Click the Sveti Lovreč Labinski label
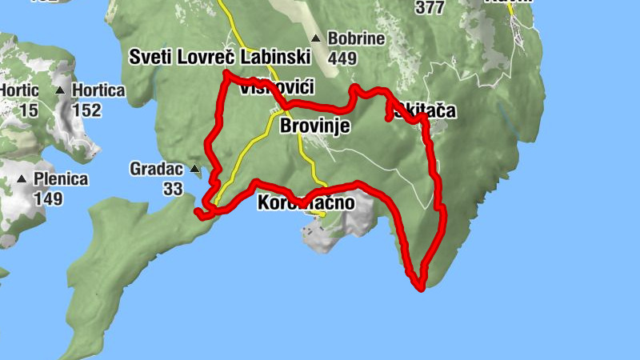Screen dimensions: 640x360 (x=219, y=57)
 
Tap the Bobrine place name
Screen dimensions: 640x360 (x=356, y=38)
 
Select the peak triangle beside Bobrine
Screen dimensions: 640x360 (x=316, y=38)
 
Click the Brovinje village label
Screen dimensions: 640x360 (x=315, y=126)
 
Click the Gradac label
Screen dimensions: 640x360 (x=157, y=169)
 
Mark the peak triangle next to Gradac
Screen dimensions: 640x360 (x=194, y=169)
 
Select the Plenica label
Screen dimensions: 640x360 (x=61, y=179)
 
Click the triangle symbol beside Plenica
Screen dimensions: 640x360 (x=22, y=179)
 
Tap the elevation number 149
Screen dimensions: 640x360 (x=48, y=198)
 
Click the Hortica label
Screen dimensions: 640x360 (x=98, y=90)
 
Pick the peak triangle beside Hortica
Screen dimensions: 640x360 (x=60, y=90)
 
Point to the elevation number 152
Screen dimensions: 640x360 (x=86, y=110)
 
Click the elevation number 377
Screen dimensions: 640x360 (x=430, y=7)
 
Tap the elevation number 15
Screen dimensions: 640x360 (x=28, y=110)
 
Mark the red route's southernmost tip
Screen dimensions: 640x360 (x=420, y=288)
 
